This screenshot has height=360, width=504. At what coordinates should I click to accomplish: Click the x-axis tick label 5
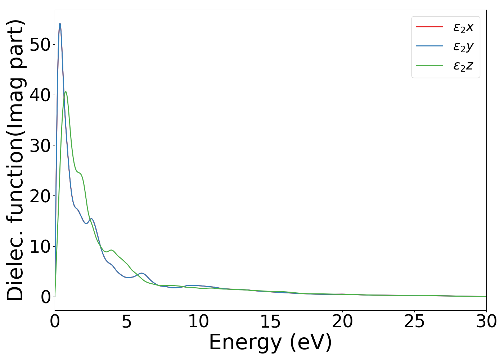pyautogui.click(x=127, y=321)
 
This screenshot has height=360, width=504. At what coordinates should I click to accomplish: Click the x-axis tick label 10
pyautogui.click(x=198, y=321)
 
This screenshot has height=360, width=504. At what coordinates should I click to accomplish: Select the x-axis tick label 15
pyautogui.click(x=270, y=321)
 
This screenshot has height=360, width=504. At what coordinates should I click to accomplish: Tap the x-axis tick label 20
pyautogui.click(x=342, y=321)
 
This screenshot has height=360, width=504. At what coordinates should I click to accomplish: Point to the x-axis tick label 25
pyautogui.click(x=414, y=321)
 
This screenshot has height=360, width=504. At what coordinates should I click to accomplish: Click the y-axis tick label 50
pyautogui.click(x=40, y=44)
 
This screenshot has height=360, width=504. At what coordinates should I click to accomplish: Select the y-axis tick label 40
pyautogui.click(x=40, y=95)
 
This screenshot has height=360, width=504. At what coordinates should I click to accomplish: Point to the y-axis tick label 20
pyautogui.click(x=40, y=196)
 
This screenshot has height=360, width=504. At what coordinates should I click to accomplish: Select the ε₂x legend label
pyautogui.click(x=463, y=27)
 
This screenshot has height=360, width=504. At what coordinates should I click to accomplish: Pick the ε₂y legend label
pyautogui.click(x=463, y=46)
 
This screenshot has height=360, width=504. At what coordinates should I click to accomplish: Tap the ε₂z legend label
pyautogui.click(x=463, y=66)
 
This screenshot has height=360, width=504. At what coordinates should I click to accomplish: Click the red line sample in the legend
pyautogui.click(x=429, y=27)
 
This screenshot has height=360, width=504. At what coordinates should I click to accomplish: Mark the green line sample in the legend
pyautogui.click(x=429, y=66)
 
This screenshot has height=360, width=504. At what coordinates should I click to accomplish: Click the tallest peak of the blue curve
pyautogui.click(x=60, y=24)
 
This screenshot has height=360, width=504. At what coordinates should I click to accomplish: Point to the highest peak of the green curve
pyautogui.click(x=66, y=92)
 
